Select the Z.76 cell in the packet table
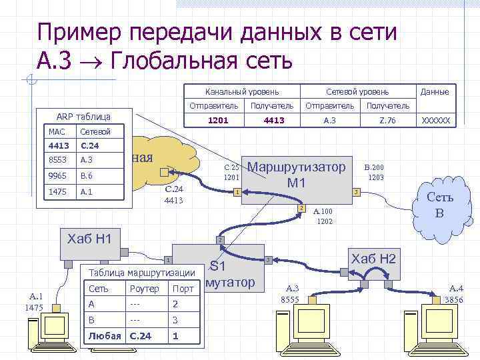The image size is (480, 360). point(387,121)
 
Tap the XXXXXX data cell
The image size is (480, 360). point(436,121)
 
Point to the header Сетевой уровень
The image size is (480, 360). point(357,91)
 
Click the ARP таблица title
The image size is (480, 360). point(74,115)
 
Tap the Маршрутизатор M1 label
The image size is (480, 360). point(297,174)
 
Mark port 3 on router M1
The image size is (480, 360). point(357,192)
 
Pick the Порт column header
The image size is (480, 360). point(183,289)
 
